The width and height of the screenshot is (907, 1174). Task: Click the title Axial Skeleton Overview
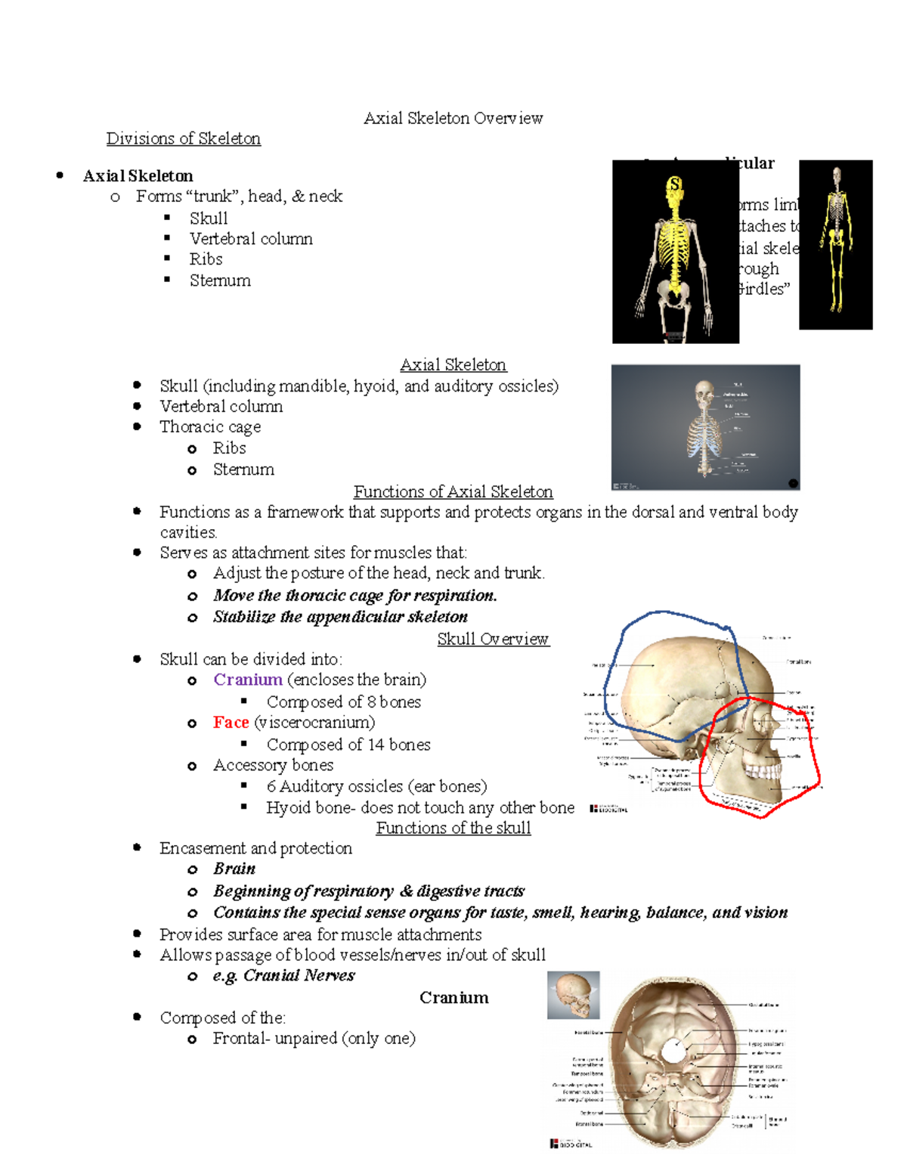[x=453, y=118]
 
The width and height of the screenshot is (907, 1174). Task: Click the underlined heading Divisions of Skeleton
[x=183, y=138]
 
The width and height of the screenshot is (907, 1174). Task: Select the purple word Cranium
[x=248, y=680]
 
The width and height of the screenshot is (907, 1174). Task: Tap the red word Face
[x=231, y=723]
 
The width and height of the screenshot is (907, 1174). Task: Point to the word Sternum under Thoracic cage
[x=243, y=469]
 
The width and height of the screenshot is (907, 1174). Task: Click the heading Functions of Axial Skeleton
[x=453, y=491]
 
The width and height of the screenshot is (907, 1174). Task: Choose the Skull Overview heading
[x=493, y=639]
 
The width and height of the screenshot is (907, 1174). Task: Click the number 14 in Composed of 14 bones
[x=376, y=745]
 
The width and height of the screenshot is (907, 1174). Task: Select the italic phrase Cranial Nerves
[x=299, y=975]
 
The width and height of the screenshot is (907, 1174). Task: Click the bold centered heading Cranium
[x=453, y=998]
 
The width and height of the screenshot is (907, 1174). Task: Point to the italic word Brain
[x=234, y=869]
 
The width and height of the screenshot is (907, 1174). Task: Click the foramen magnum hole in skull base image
[x=671, y=1051]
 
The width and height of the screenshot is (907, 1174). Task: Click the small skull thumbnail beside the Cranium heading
[x=573, y=995]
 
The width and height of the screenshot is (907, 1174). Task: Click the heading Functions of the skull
[x=453, y=828]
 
